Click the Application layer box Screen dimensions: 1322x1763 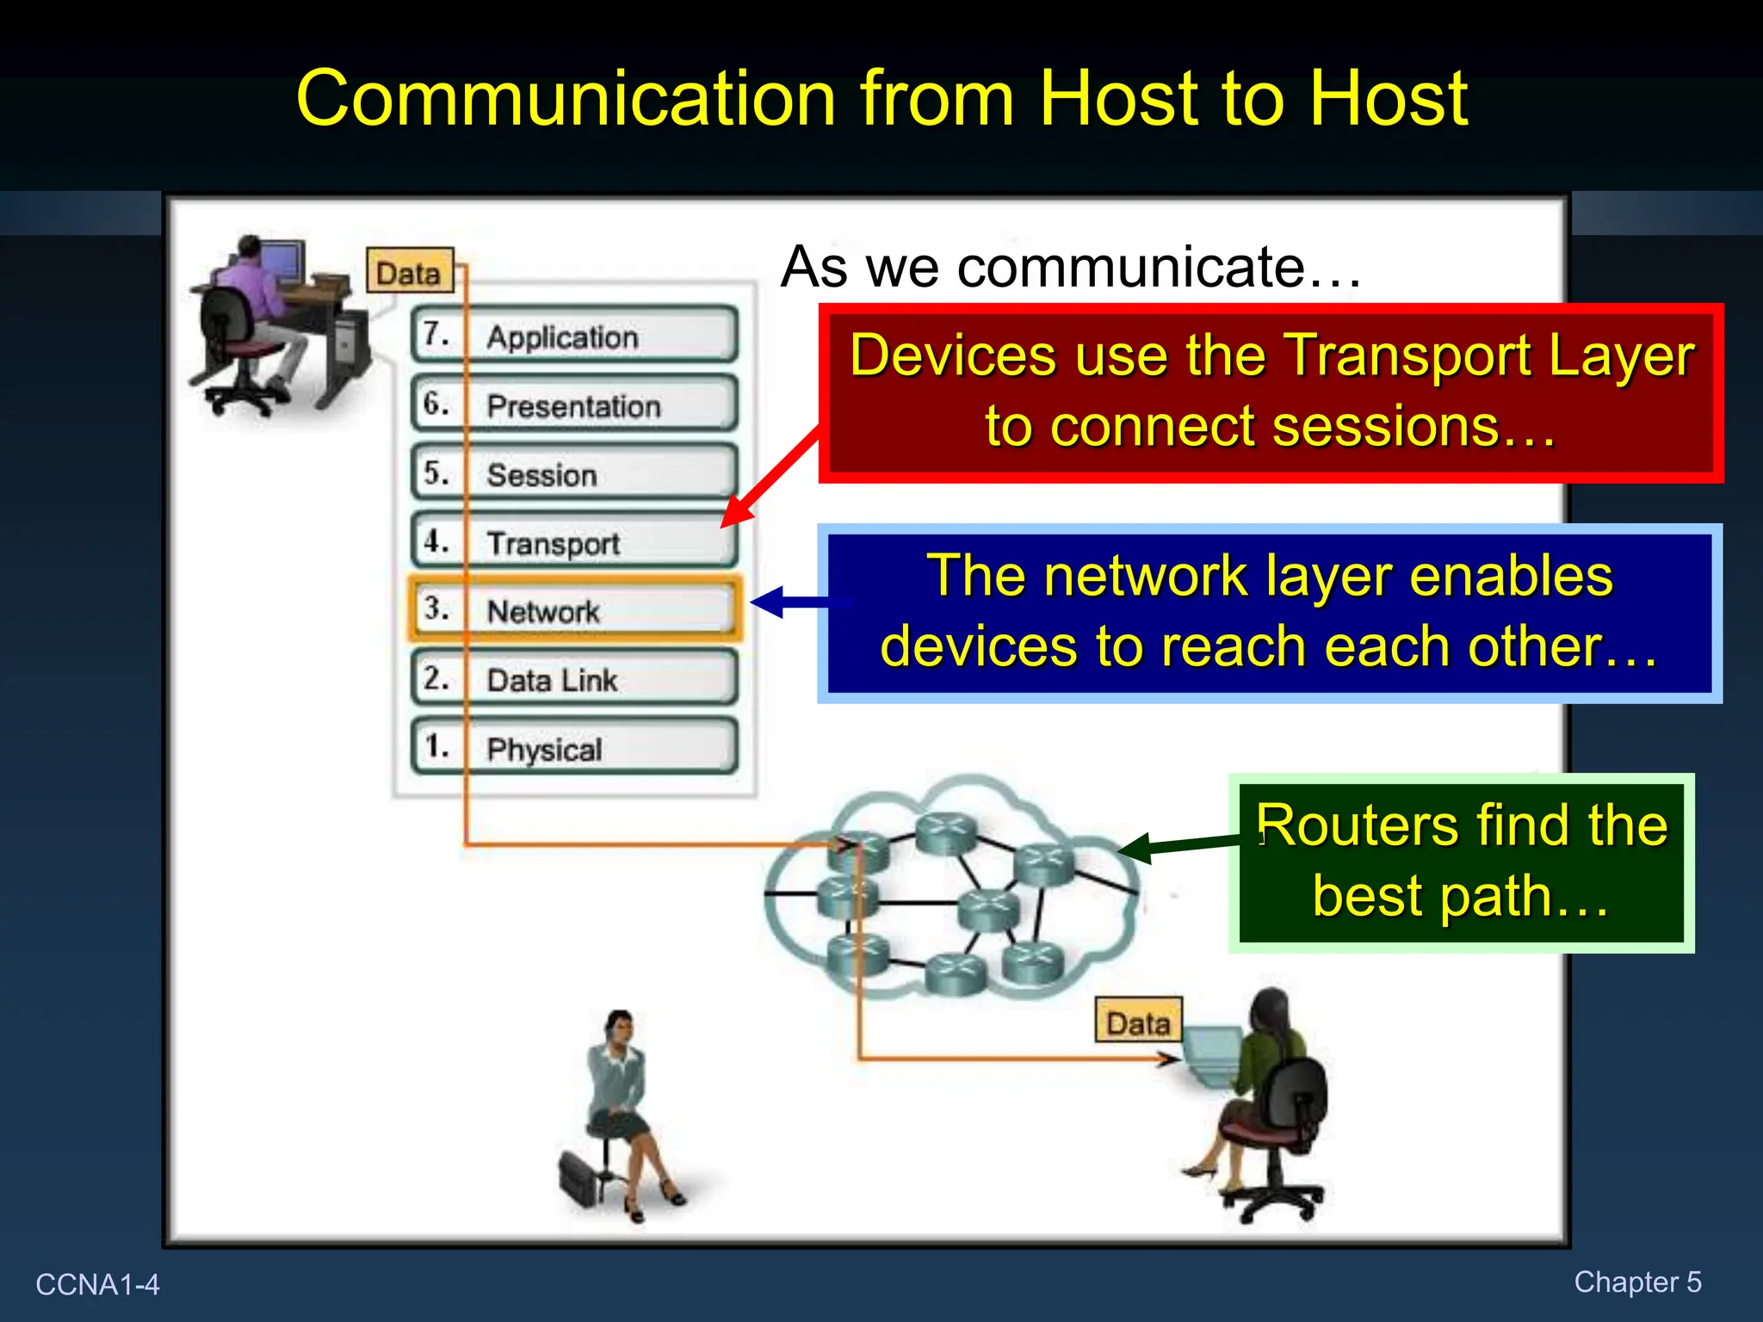(x=574, y=335)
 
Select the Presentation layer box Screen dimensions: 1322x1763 (x=574, y=404)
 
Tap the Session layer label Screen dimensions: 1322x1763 (x=541, y=474)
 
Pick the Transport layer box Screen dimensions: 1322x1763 (x=574, y=541)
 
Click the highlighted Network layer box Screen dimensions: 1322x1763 (x=574, y=610)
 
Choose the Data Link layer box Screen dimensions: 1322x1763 (x=574, y=679)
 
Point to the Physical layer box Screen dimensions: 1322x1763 (x=574, y=748)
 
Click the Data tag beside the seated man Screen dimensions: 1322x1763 (x=409, y=272)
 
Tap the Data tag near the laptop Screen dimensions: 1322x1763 (x=1138, y=1022)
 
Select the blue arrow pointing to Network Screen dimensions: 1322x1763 (x=792, y=602)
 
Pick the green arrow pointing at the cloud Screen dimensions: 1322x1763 (x=1179, y=845)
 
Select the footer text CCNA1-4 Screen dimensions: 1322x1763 (x=97, y=1284)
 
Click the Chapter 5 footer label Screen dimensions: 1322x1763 (x=1637, y=1282)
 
